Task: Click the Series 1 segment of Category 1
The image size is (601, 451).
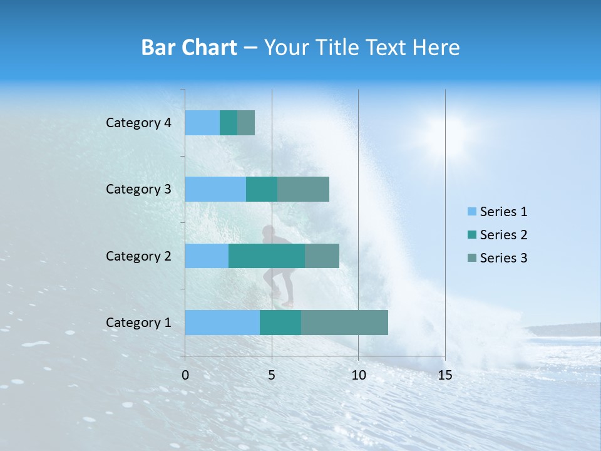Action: click(222, 323)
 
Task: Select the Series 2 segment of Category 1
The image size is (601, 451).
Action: click(280, 323)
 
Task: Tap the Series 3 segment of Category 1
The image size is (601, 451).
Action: click(344, 323)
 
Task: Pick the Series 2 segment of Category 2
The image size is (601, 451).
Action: click(267, 256)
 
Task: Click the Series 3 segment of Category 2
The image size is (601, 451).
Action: click(322, 256)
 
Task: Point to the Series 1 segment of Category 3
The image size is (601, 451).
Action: click(215, 189)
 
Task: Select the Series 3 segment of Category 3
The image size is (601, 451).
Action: click(303, 189)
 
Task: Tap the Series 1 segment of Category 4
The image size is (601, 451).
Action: click(202, 123)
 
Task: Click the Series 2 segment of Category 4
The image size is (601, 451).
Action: click(229, 123)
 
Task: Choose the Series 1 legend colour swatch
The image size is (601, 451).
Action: click(472, 212)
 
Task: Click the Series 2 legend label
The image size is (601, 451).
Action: click(503, 235)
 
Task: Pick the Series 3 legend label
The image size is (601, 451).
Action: click(503, 258)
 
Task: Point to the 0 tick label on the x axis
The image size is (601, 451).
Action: click(185, 375)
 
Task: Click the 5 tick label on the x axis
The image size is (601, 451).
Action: click(272, 375)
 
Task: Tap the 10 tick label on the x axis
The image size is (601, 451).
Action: click(358, 375)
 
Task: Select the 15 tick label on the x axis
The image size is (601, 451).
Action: click(444, 375)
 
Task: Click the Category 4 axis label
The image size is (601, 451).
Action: click(138, 123)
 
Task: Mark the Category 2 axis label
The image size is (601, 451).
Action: click(138, 256)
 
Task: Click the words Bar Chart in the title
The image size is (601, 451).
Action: click(189, 48)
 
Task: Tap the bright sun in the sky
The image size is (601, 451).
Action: click(449, 133)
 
